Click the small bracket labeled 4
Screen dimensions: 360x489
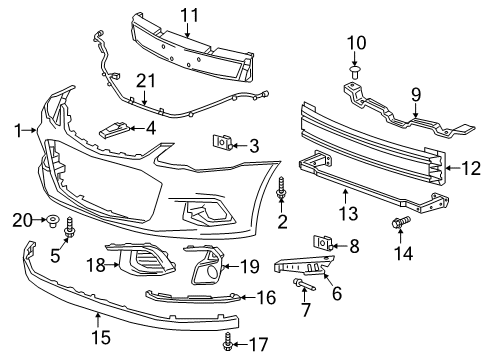(116, 129)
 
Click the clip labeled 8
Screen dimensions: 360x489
(322, 243)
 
